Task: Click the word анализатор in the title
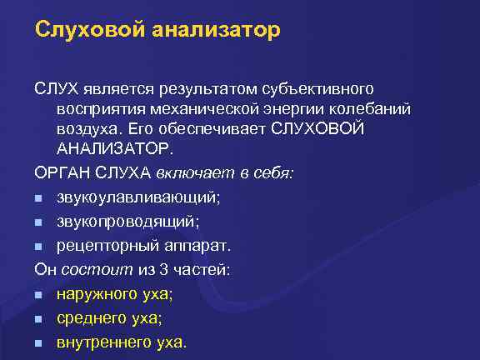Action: click(217, 31)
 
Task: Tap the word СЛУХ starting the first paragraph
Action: click(57, 87)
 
